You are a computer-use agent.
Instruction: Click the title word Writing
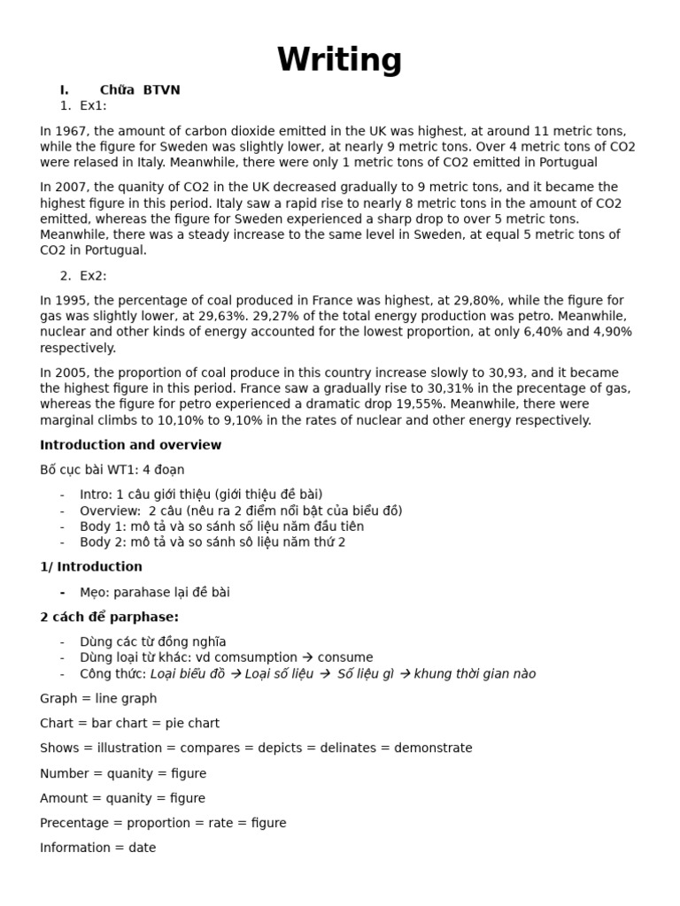coord(339,60)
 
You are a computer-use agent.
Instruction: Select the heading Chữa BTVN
coord(140,89)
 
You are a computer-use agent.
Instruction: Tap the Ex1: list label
coord(93,105)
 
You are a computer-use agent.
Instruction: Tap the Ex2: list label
coord(93,275)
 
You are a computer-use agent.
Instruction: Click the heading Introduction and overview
coord(130,445)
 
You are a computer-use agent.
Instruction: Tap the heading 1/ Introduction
coord(90,566)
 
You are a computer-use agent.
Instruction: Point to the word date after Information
coord(142,848)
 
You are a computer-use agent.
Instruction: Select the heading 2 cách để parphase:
coord(109,617)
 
